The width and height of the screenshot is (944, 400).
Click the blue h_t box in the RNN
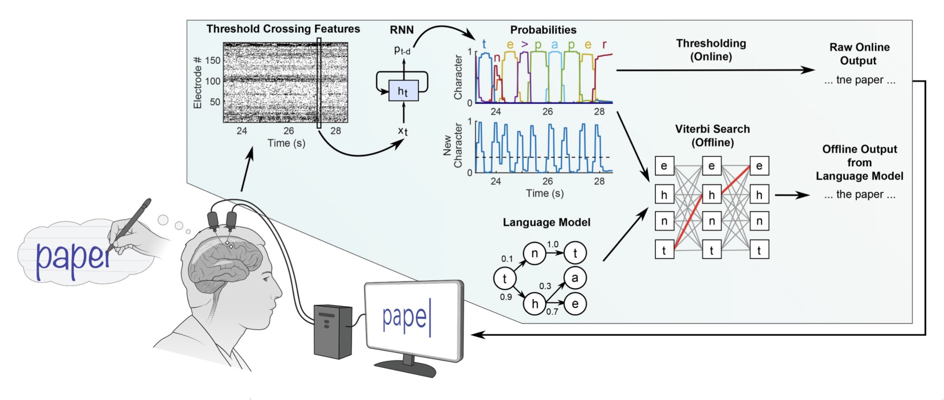click(403, 91)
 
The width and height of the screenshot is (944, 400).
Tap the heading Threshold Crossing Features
click(283, 29)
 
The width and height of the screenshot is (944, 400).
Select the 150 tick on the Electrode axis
click(213, 60)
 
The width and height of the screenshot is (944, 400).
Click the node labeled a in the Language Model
click(574, 278)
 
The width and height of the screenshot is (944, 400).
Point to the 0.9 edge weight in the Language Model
click(506, 297)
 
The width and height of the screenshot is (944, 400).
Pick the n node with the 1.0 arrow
click(535, 253)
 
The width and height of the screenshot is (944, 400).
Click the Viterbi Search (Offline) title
click(712, 136)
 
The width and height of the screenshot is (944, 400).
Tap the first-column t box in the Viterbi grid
click(664, 250)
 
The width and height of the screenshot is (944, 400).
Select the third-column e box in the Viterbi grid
click(759, 166)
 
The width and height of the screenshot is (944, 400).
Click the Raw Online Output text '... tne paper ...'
click(860, 80)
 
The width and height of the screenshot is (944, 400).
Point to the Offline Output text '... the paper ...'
click(860, 194)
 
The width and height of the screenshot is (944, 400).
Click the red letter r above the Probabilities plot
click(604, 45)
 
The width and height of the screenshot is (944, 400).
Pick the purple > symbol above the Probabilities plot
click(524, 45)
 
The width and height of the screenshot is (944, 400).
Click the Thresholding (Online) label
click(711, 50)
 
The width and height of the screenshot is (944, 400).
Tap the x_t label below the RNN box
click(403, 130)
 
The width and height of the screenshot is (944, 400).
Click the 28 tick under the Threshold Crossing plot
click(336, 131)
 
